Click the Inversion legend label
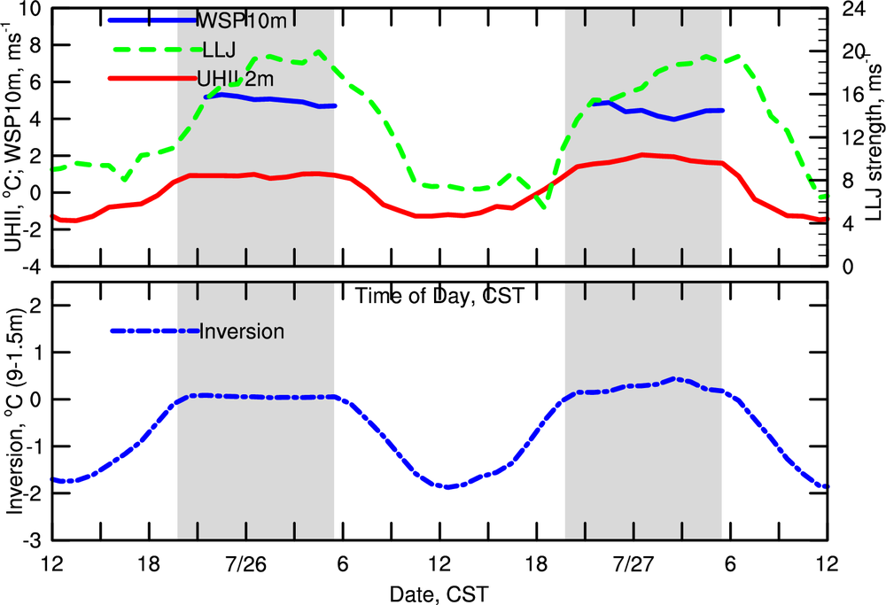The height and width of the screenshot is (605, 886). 242,332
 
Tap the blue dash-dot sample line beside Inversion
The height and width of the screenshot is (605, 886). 154,331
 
